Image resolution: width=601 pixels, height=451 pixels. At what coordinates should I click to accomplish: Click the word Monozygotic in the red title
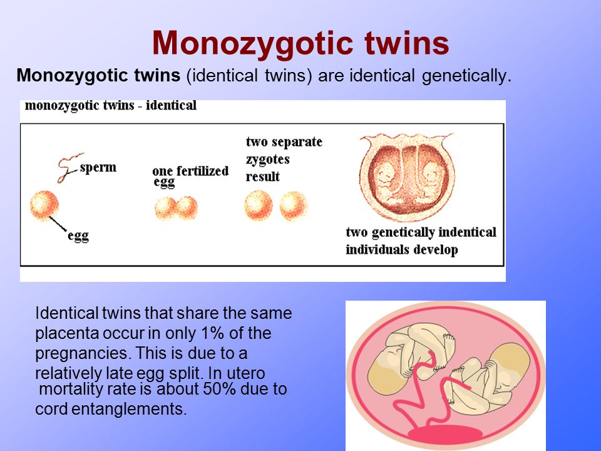click(x=252, y=44)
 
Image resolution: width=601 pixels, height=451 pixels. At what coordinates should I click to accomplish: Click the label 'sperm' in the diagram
click(x=98, y=168)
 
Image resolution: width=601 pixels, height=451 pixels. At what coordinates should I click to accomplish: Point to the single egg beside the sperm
click(x=44, y=206)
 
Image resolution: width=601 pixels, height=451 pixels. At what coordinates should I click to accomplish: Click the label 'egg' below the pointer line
click(x=78, y=236)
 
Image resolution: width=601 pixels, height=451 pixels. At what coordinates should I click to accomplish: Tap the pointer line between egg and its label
click(x=58, y=224)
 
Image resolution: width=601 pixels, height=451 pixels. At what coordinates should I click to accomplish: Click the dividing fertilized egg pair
click(x=177, y=208)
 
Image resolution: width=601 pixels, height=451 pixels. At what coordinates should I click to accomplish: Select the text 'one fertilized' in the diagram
click(x=190, y=170)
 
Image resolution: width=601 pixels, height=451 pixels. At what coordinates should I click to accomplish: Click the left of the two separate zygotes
click(x=259, y=205)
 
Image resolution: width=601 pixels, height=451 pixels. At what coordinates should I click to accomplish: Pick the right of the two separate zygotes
click(x=293, y=206)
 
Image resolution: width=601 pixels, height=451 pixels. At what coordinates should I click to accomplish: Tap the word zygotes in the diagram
click(x=267, y=159)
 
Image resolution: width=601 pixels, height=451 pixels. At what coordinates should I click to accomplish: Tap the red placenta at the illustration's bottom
click(x=445, y=433)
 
